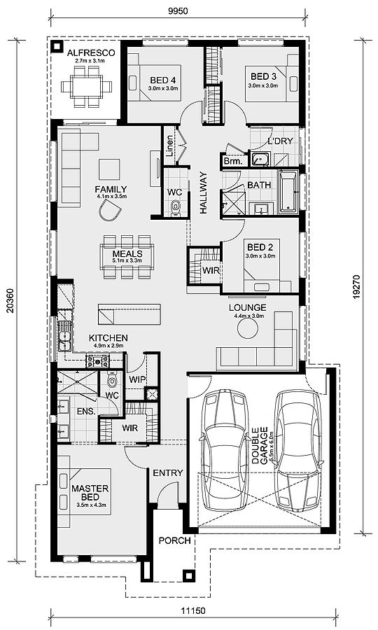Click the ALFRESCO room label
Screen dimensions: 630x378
coord(85,52)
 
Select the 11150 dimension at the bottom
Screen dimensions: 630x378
coord(192,611)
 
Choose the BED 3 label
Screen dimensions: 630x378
coord(263,76)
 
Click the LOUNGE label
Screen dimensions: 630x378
coord(248,307)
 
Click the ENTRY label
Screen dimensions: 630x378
coord(168,473)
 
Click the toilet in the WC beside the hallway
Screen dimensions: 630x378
coord(175,206)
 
